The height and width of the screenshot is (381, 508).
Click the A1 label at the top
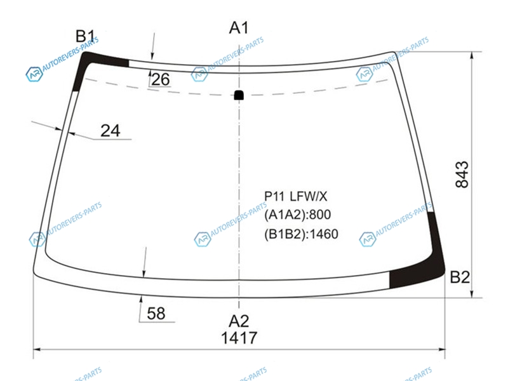tap(239, 28)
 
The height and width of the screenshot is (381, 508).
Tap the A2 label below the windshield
tap(239, 321)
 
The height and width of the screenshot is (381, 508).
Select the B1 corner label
tap(85, 36)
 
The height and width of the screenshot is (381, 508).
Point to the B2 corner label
tap(460, 277)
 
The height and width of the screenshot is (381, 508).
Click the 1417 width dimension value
tap(239, 338)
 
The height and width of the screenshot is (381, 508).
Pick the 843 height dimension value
tap(462, 174)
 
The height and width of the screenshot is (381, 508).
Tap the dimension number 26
tap(161, 79)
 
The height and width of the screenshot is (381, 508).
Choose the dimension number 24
tap(110, 131)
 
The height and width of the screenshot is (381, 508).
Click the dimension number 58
tap(156, 313)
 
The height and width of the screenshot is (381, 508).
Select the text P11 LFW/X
tap(295, 196)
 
